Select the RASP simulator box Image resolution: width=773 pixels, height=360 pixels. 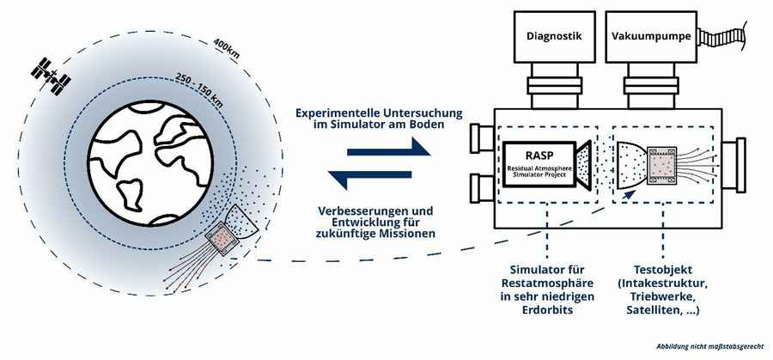[x=539, y=162]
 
